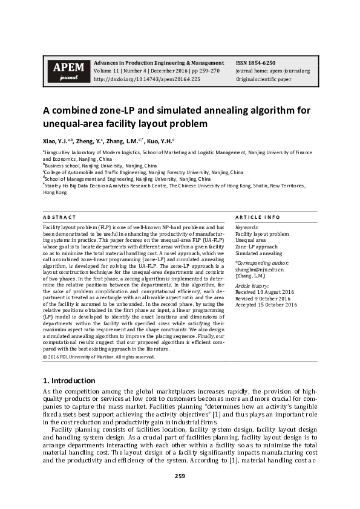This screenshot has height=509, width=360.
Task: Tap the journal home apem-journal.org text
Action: (273, 71)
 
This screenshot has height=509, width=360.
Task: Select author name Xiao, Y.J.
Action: (56, 140)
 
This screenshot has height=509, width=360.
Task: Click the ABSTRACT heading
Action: (59, 217)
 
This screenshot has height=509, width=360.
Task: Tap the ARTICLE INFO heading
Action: (257, 217)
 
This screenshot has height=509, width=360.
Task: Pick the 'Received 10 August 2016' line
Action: (265, 292)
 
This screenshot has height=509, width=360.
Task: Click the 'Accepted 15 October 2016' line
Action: (266, 305)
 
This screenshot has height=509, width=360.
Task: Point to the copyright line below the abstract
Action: (99, 357)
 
